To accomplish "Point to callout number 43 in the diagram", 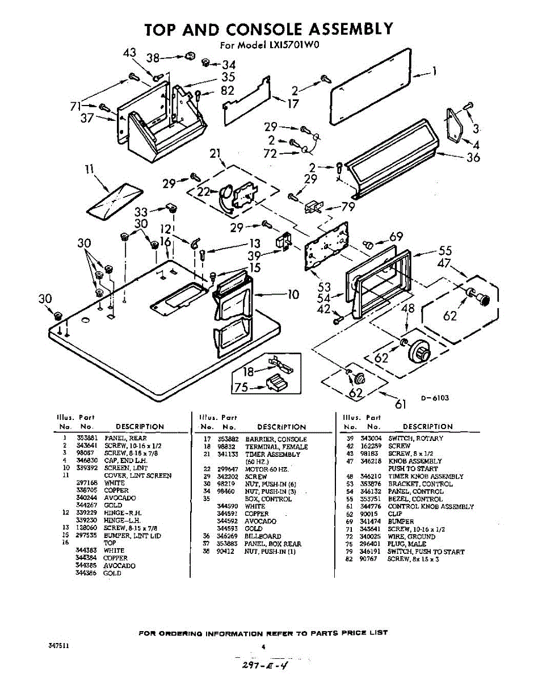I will click(130, 53).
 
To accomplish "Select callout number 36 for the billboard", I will click(473, 157).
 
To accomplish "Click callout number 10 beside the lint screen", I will click(293, 294).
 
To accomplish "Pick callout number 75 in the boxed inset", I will click(240, 388).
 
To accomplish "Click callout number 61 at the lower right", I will click(401, 404).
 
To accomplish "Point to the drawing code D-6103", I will click(435, 398).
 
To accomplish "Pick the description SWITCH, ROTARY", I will click(416, 439).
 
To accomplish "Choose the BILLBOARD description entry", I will click(263, 536).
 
